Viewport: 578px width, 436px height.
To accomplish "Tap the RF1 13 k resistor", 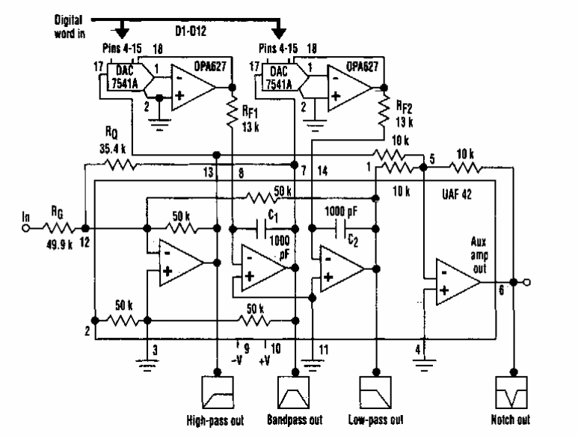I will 233,112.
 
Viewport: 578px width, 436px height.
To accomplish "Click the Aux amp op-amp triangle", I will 453,281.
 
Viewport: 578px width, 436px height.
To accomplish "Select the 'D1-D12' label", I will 200,33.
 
